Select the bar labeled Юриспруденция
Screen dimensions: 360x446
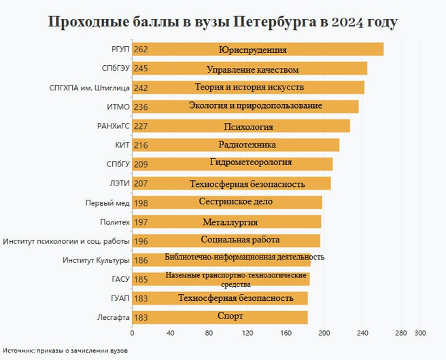point(258,50)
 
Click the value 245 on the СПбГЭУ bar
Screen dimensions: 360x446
point(141,69)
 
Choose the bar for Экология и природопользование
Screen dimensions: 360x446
point(245,107)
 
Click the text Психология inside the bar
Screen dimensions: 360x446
point(248,126)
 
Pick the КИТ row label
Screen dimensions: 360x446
point(122,145)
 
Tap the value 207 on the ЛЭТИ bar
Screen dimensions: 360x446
point(141,183)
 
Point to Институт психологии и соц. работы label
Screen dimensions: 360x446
point(66,240)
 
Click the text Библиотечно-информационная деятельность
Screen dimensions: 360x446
point(244,257)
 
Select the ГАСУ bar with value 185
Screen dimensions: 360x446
point(221,278)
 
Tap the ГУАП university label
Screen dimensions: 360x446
point(120,298)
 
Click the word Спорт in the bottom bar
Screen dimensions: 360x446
point(230,317)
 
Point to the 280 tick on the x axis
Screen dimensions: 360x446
point(401,334)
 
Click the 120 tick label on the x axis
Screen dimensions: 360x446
point(247,334)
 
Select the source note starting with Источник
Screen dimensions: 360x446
point(64,350)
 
